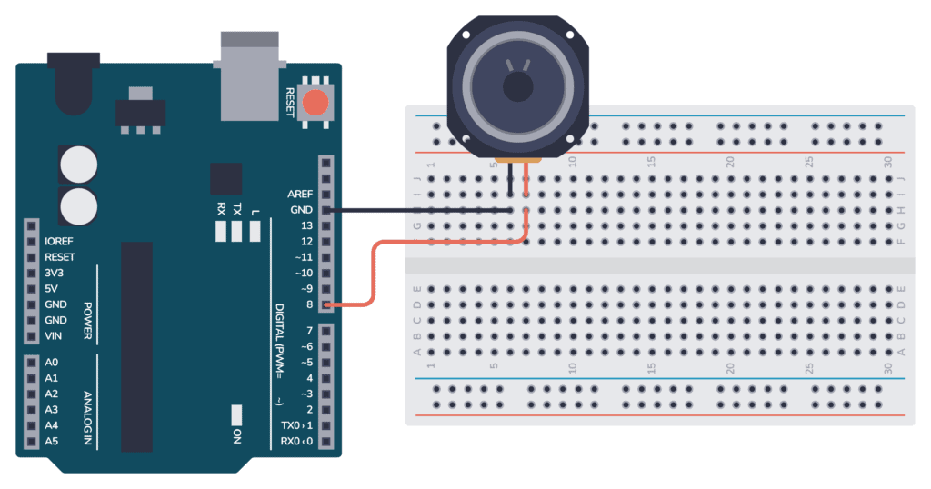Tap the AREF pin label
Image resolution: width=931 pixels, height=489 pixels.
299,194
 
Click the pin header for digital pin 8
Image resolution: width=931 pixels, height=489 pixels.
325,304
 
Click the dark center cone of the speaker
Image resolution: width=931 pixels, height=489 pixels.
518,87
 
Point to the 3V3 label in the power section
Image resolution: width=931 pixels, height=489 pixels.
55,273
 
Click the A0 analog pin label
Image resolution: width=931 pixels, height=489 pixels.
51,362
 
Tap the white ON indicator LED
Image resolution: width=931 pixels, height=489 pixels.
236,414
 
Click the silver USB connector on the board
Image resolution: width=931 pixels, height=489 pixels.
248,76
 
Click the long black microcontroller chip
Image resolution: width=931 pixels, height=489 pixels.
136,345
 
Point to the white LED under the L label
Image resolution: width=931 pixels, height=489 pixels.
255,231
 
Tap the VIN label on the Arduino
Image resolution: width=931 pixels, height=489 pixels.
54,336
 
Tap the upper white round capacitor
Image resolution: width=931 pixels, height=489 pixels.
78,165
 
